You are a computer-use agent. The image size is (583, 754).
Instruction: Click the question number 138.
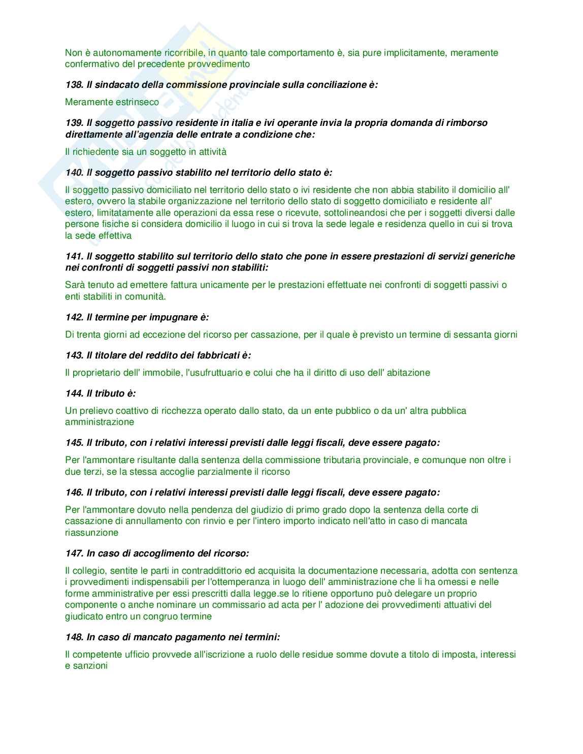[x=74, y=85]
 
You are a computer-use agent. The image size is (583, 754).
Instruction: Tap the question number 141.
[x=74, y=256]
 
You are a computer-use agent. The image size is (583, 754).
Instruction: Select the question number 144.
[x=74, y=394]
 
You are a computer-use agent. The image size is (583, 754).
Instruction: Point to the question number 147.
[x=74, y=553]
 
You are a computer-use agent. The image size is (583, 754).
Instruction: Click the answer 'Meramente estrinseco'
[x=112, y=102]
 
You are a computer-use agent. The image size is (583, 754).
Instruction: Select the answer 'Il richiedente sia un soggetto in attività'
[x=146, y=152]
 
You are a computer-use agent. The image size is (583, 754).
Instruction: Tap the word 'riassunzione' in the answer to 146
[x=91, y=533]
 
